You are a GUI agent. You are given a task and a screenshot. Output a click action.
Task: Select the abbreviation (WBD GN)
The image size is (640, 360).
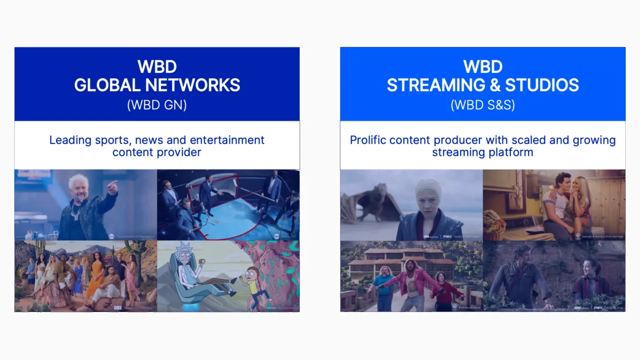point(157,105)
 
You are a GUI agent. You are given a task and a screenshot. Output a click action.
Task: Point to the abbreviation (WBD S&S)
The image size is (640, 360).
point(483,105)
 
